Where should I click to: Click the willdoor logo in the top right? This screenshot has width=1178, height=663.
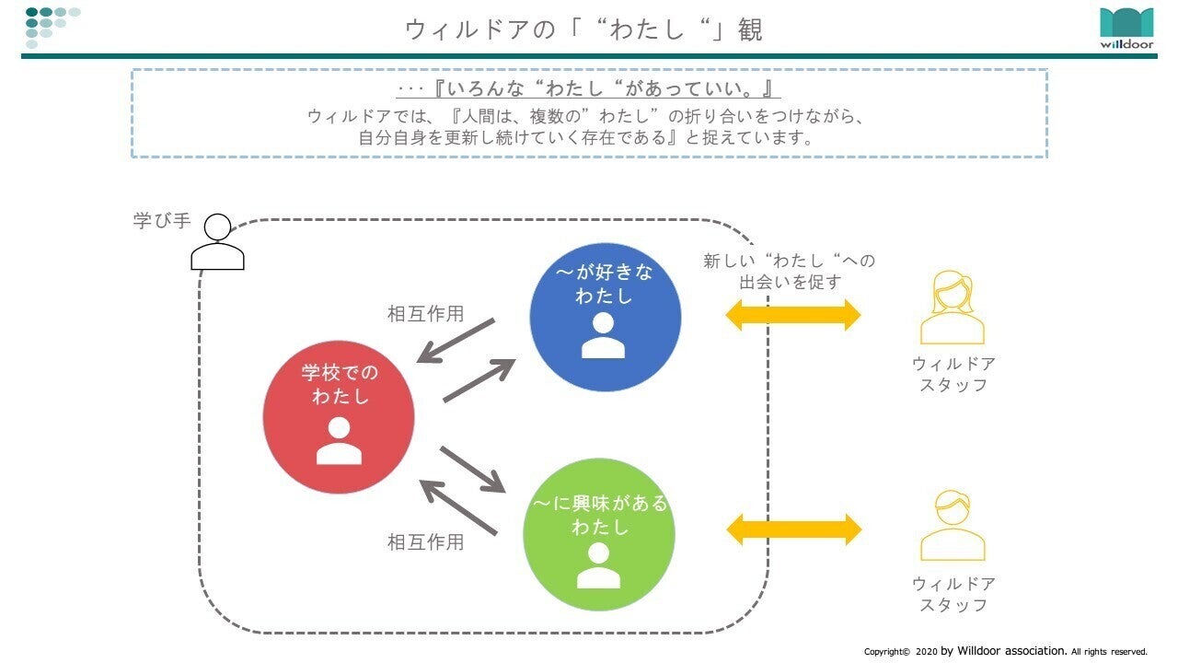1126,29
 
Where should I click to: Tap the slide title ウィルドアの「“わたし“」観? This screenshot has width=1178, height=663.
584,29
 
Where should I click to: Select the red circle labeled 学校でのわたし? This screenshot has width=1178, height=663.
339,417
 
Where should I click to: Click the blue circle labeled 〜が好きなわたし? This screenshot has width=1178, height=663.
605,315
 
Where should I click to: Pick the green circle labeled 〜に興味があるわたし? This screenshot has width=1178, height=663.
598,534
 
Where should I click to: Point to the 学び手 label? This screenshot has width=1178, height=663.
162,221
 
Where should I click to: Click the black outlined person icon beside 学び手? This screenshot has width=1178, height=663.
217,242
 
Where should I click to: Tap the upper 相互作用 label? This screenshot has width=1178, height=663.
425,314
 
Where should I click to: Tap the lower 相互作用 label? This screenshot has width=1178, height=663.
425,542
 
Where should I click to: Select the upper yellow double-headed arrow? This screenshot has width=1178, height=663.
793,315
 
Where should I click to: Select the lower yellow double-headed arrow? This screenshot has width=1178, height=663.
793,529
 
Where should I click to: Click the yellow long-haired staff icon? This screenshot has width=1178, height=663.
953,308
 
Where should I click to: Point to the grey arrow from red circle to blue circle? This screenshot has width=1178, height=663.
479,379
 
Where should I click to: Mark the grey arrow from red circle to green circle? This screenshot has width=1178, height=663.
473,469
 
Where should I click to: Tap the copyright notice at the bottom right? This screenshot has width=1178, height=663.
1005,651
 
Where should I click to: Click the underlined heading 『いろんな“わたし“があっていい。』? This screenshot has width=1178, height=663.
589,90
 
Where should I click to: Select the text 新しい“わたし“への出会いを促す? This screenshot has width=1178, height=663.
790,272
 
